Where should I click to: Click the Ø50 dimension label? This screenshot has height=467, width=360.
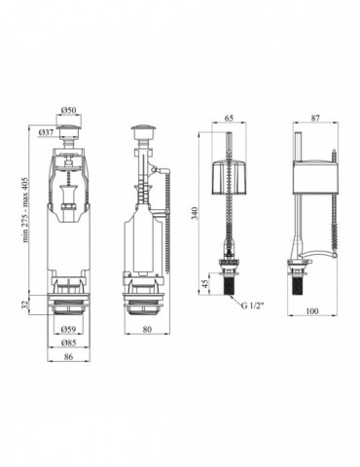(x=69, y=110)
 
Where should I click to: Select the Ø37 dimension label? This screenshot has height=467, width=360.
(x=46, y=132)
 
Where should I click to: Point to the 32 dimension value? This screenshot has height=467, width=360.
(x=24, y=305)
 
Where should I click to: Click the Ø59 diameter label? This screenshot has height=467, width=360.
(x=69, y=329)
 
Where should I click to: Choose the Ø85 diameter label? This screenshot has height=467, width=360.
(x=69, y=342)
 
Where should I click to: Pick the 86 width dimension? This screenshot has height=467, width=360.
(x=69, y=356)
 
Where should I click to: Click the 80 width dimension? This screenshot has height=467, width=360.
(x=147, y=329)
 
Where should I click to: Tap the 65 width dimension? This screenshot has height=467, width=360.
(x=229, y=118)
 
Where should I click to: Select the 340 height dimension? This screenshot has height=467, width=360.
(x=194, y=213)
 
